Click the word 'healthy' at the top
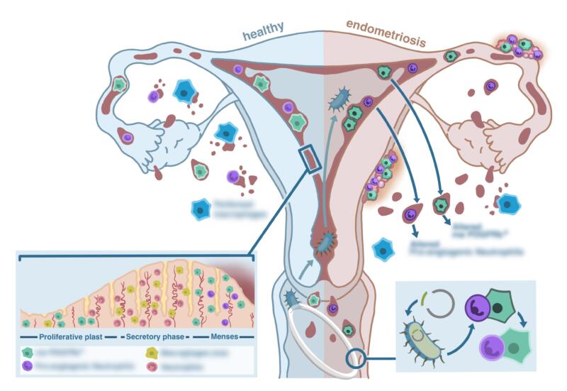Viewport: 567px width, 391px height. pos(263,28)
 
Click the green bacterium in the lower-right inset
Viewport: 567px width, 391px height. pos(424,339)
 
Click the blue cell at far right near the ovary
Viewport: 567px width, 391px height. pos(509,204)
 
